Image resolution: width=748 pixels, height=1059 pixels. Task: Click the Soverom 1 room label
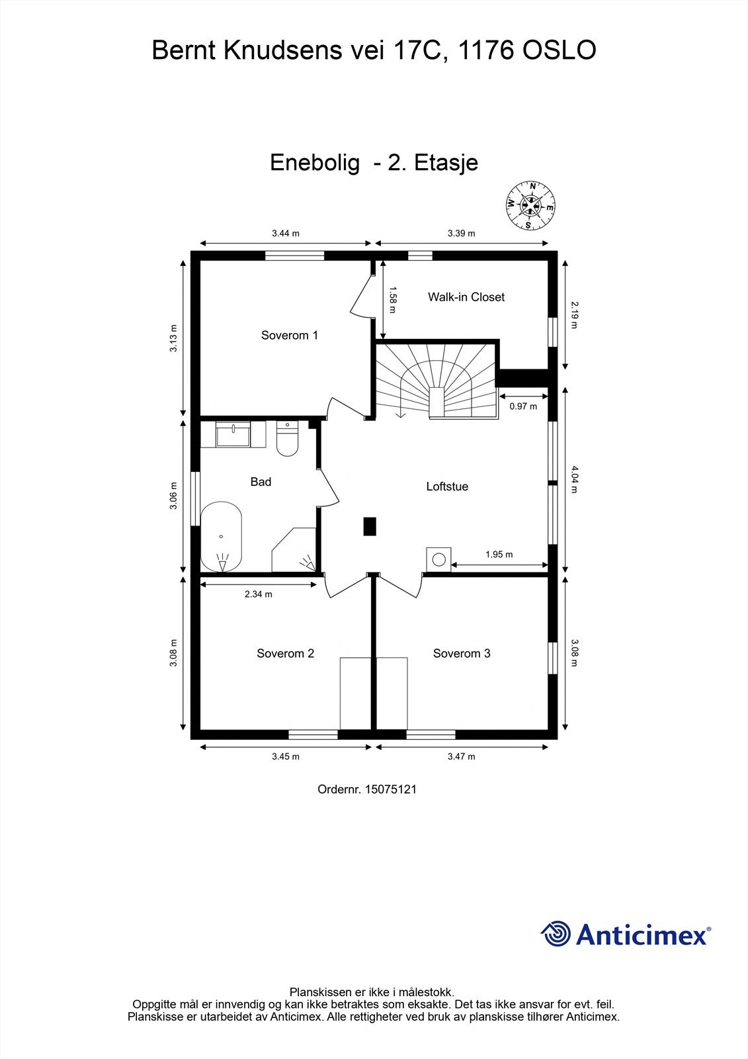coord(290,336)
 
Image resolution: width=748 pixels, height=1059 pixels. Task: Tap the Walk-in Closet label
coord(466,297)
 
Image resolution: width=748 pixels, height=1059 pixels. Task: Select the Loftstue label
coord(447,486)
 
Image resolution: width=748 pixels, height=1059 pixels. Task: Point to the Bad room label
coord(261,482)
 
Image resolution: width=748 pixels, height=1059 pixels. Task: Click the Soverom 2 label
coord(285,654)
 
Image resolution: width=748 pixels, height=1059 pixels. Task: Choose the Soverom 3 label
coord(462,654)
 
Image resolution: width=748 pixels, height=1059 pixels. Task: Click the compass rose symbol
coord(529,205)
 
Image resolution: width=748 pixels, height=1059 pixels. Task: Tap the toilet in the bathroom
coord(288,440)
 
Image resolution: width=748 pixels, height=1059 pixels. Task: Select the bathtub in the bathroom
coord(221,537)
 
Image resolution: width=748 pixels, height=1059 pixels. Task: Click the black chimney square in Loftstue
coord(370,526)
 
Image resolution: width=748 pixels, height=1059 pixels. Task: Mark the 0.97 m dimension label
coord(523,406)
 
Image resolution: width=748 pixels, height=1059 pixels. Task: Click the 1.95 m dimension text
coord(499,555)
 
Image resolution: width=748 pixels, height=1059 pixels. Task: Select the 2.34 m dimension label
coord(258,594)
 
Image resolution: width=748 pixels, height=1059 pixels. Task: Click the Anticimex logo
coord(626,934)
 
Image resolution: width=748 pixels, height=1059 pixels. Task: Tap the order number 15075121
coord(366,790)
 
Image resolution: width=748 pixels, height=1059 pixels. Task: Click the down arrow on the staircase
coord(399,414)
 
